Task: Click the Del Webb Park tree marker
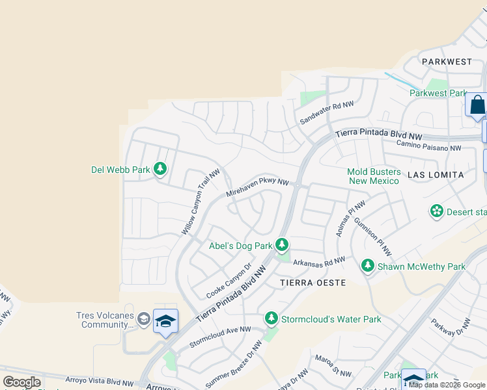[x=160, y=170]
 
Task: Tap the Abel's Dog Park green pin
[x=281, y=245]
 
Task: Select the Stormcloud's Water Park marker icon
[x=271, y=318]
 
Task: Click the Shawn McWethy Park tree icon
[x=368, y=265]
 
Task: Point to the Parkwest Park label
[x=438, y=93]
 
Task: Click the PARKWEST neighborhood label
[x=447, y=62]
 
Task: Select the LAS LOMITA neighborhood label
[x=435, y=175]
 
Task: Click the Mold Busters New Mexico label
[x=373, y=176]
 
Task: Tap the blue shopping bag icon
[x=477, y=105]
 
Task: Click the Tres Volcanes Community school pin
[x=165, y=321]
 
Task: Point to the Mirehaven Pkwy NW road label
[x=257, y=188]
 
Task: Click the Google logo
[x=22, y=382]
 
